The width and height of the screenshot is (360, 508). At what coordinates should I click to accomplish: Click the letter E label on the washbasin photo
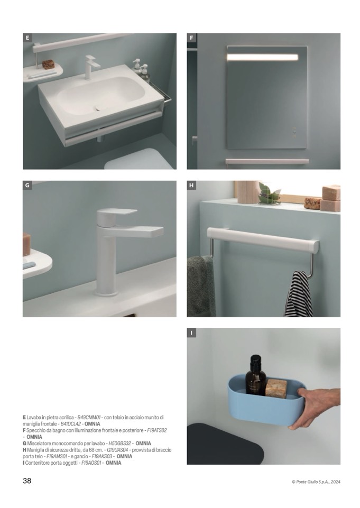tap(27, 38)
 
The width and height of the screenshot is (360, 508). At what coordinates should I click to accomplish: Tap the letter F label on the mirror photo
tap(191, 38)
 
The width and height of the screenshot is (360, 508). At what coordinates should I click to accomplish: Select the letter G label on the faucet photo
tap(27, 186)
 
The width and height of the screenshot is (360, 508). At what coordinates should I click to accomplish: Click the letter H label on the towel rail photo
tap(191, 186)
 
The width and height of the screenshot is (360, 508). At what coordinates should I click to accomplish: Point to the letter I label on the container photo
tap(191, 332)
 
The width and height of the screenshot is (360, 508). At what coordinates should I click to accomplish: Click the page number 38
tap(27, 481)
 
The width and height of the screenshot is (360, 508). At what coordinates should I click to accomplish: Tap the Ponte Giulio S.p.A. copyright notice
tap(316, 482)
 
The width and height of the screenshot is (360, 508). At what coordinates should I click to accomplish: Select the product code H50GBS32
tap(120, 443)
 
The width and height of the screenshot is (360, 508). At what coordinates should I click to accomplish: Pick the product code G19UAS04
tap(118, 450)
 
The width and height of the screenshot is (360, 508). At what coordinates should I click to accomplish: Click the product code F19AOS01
tap(92, 463)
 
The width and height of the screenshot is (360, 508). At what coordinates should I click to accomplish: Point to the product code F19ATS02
tap(157, 430)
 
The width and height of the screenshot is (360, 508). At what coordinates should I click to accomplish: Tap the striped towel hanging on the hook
tap(299, 294)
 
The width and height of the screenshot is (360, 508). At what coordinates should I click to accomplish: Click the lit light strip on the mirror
tap(262, 57)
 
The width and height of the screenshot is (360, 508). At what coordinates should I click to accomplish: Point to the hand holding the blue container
tap(315, 408)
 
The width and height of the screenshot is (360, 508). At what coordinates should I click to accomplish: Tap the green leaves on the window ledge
tap(269, 194)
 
